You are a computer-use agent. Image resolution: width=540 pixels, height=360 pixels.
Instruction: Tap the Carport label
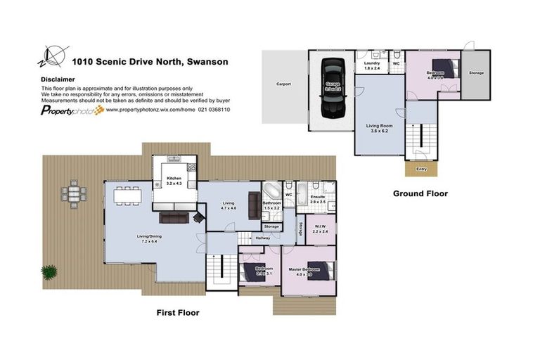[283, 84]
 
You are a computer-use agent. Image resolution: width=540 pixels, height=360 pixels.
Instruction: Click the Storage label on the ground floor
[476, 72]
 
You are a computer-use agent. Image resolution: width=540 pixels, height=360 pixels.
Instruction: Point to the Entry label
[421, 169]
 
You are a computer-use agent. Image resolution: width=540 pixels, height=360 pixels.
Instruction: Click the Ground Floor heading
[420, 193]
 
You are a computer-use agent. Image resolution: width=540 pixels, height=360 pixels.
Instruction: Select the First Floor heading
[177, 312]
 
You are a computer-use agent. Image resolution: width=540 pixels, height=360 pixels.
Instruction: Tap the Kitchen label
[174, 179]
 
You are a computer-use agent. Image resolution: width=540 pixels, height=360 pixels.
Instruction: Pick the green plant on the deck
[49, 271]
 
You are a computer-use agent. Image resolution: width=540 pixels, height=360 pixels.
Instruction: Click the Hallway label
[263, 238]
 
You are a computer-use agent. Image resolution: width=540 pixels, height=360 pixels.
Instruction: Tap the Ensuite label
[318, 198]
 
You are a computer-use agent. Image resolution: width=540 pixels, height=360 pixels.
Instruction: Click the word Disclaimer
[58, 79]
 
